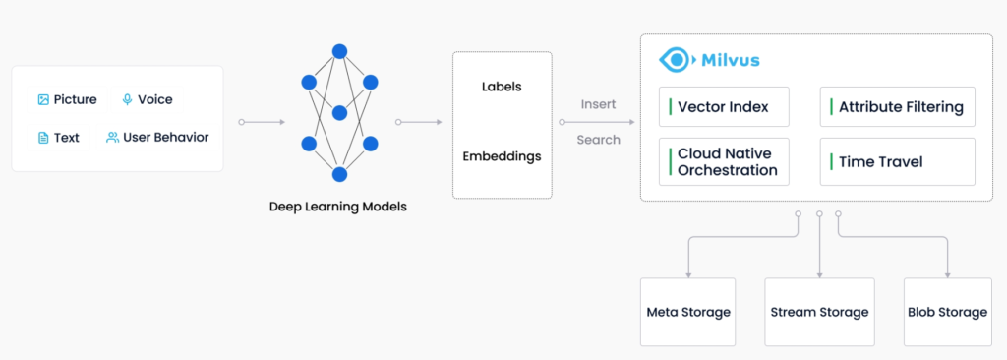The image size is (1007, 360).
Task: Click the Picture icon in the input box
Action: pos(43,99)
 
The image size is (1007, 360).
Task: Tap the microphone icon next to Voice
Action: pos(127,99)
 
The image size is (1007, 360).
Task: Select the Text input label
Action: pos(67,138)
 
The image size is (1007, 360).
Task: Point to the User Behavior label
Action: pos(165,137)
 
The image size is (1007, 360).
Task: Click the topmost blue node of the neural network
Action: pos(339,51)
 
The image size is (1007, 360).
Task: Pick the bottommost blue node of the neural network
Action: pos(339,174)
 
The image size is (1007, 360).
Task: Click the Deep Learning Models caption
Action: pos(338,207)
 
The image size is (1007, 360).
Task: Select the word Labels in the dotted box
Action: pos(502,87)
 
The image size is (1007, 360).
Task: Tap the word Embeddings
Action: pos(502,156)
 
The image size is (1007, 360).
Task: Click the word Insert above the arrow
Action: pos(599,104)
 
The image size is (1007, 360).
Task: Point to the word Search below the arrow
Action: pos(599,140)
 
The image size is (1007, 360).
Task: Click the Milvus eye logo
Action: pos(675,60)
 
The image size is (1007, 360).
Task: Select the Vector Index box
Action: pos(724,106)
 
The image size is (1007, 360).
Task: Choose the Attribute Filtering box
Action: pos(897,106)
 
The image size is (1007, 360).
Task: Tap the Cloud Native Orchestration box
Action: pos(724,162)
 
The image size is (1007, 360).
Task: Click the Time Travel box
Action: pos(897,162)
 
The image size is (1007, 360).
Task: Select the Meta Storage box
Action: pos(687,313)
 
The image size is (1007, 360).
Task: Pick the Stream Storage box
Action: pos(819,313)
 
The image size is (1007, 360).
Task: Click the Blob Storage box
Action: pos(947,313)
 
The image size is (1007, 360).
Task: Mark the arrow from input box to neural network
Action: pos(262,122)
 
